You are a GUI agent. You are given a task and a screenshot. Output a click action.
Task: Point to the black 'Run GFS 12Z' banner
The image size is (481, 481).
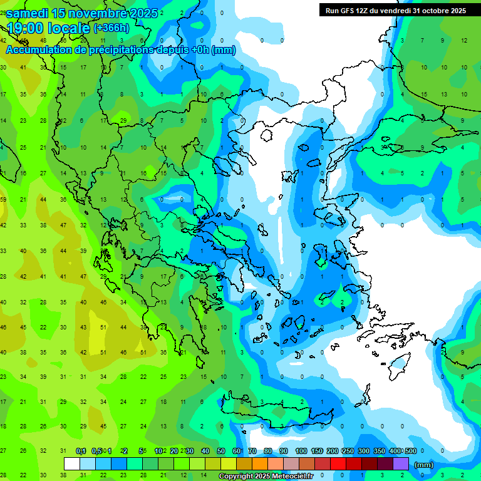point(396,10)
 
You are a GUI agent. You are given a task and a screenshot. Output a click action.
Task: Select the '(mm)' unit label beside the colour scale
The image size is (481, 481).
point(424,465)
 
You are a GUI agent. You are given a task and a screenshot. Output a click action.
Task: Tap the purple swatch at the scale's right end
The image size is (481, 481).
point(401,464)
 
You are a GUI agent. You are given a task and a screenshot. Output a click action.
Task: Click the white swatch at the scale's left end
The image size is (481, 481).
point(72,464)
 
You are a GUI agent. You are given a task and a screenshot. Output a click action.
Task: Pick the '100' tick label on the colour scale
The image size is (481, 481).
point(301,451)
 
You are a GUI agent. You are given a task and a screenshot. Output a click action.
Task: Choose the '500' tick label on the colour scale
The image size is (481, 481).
point(410,451)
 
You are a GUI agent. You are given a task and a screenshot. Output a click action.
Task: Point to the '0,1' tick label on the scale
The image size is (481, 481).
point(81,451)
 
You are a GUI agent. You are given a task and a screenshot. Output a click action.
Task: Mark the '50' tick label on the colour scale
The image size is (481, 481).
point(221,451)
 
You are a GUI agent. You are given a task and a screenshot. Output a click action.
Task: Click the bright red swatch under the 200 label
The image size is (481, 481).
point(338,464)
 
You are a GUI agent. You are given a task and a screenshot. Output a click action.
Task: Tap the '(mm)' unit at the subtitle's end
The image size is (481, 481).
point(224,50)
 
